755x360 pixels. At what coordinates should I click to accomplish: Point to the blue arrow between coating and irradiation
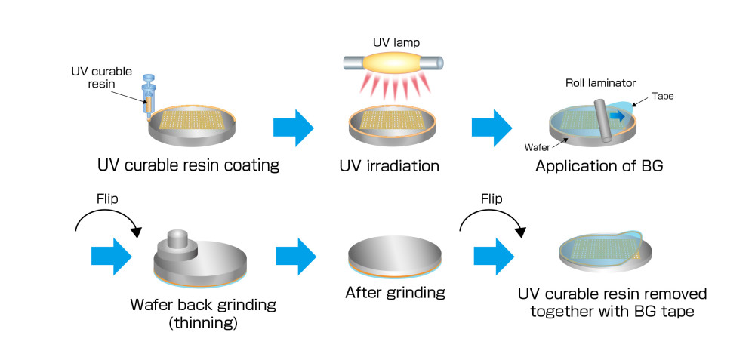[293, 125]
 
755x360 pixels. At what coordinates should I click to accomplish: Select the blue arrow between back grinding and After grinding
[296, 255]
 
